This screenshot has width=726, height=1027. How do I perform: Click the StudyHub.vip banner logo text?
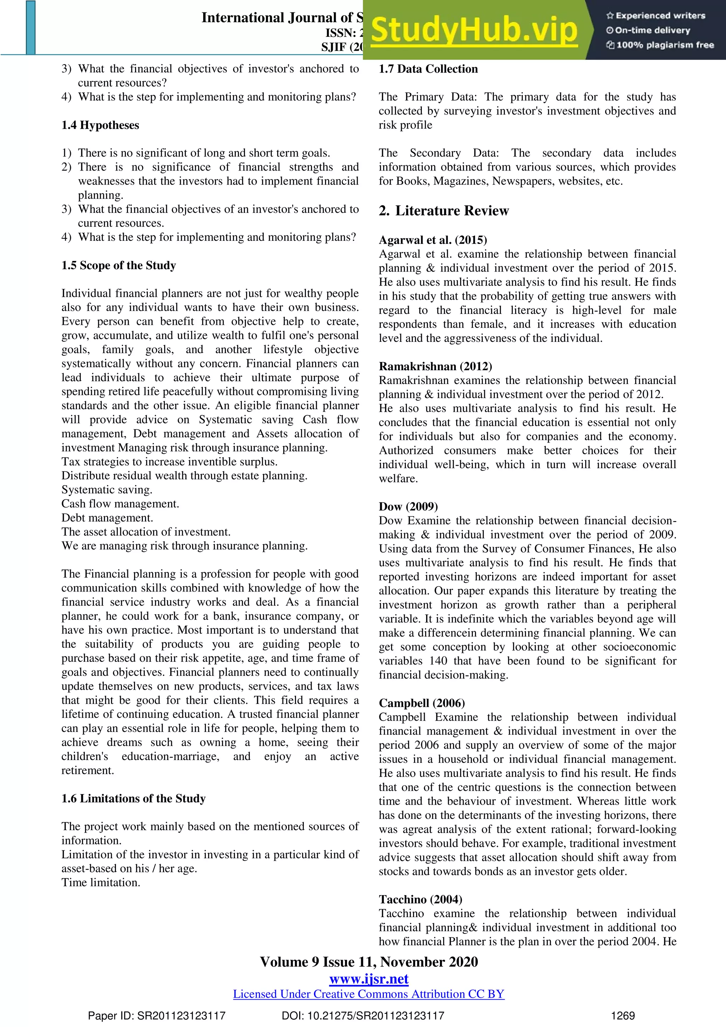point(474,30)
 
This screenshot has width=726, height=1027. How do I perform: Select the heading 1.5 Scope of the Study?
point(118,265)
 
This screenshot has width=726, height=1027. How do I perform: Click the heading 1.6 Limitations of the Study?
point(133,798)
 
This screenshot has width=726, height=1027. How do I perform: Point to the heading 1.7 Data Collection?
point(428,69)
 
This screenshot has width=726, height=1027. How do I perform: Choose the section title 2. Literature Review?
point(443,211)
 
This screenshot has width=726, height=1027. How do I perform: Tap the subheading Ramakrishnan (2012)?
point(435,366)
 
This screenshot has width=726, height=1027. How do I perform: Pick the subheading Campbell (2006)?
point(421,703)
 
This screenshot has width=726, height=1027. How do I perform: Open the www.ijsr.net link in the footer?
point(369,979)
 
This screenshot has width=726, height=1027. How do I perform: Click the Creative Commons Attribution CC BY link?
point(368,994)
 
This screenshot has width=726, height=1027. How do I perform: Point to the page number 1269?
point(623,1016)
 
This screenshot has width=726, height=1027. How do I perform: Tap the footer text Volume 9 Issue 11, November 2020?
point(369,962)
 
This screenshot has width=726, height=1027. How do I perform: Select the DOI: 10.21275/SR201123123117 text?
point(363,1016)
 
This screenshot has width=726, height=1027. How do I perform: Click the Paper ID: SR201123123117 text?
point(156,1016)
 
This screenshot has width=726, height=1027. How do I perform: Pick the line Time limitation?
point(101,883)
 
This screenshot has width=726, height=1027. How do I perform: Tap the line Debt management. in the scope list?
point(107,518)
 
